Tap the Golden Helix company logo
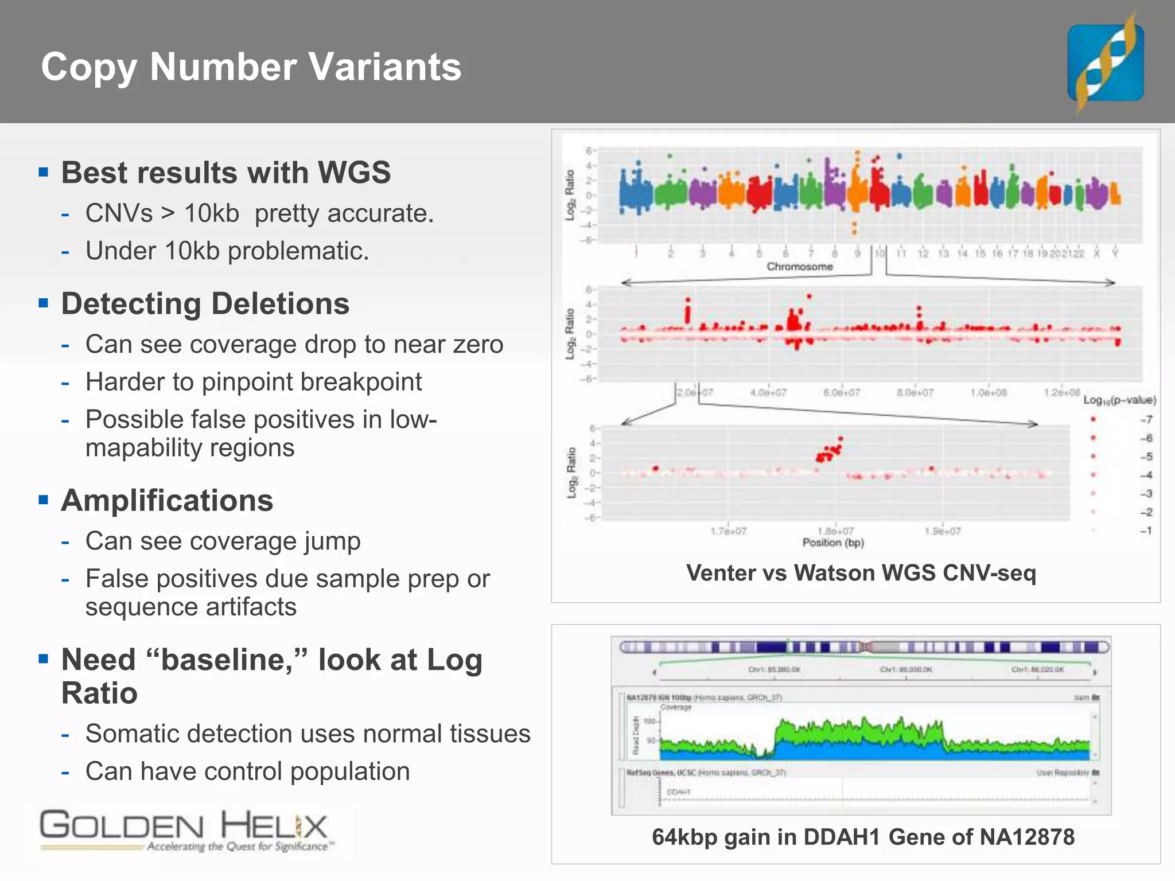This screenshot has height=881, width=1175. [184, 829]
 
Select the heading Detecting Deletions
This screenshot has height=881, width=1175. [205, 303]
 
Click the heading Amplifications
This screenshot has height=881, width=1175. [167, 501]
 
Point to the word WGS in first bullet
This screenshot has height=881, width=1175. [355, 173]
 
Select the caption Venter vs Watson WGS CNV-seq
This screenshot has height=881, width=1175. [861, 573]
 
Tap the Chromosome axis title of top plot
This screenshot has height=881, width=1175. [799, 267]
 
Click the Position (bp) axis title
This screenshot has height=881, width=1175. [832, 543]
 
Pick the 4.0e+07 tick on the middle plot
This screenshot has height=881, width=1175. [768, 393]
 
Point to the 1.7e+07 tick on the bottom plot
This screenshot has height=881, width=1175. [728, 532]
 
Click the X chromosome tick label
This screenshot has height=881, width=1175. [1096, 254]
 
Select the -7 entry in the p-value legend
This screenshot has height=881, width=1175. [1146, 420]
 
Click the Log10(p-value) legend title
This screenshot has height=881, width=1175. [1119, 400]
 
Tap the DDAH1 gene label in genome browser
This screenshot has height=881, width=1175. [678, 792]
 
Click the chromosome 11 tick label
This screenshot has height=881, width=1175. [901, 254]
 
